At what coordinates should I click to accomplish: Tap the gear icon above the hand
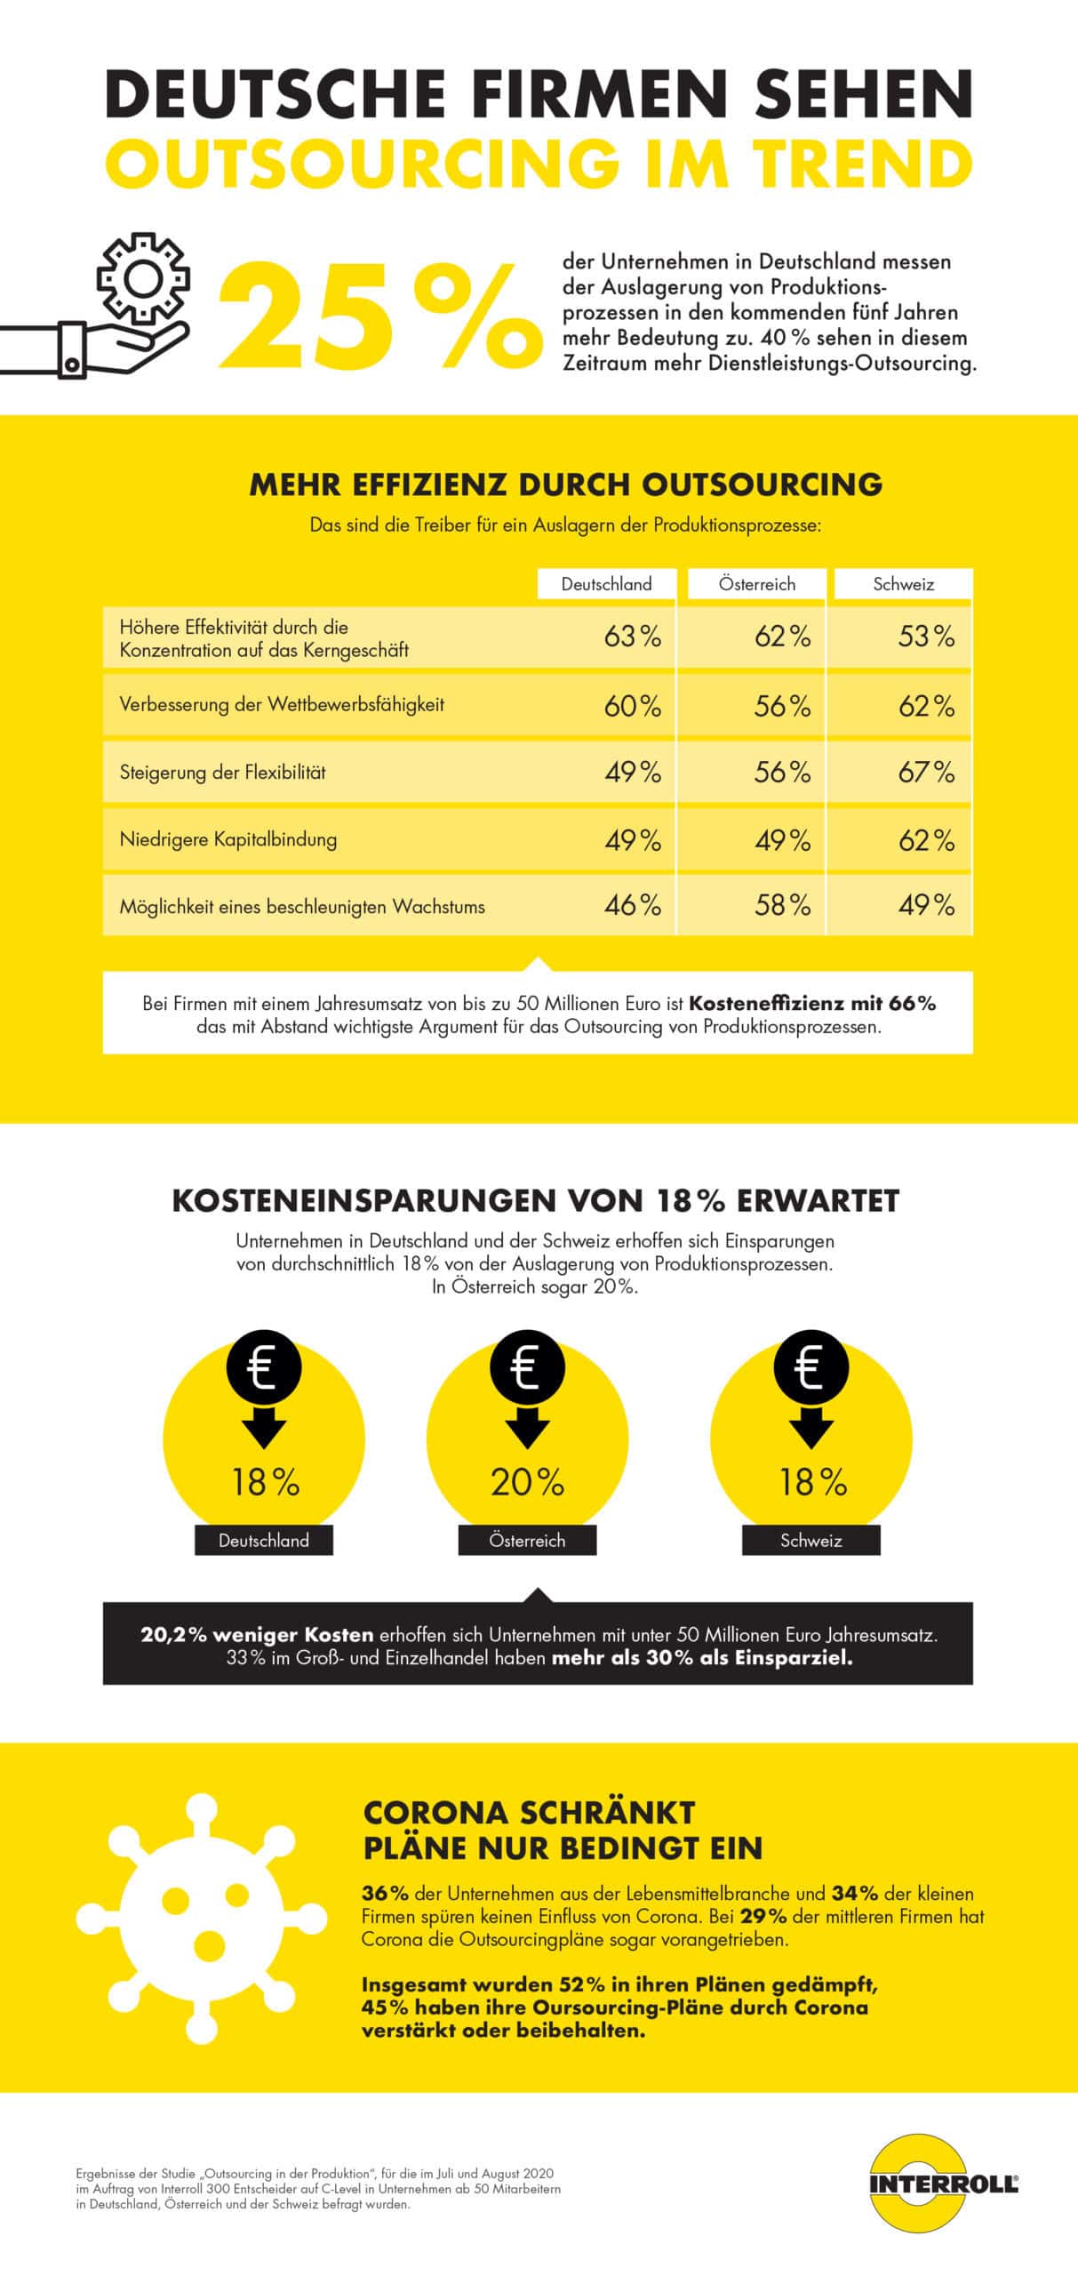[x=142, y=279]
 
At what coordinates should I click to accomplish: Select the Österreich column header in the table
[x=757, y=584]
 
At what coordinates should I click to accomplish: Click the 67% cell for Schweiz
[x=926, y=772]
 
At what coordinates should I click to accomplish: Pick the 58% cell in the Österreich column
[x=782, y=905]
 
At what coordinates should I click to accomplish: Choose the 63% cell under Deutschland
[x=633, y=637]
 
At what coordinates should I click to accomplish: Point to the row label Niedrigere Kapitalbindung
[x=228, y=839]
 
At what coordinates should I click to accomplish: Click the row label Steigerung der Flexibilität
[x=222, y=772]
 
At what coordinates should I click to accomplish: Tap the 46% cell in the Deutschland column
[x=633, y=905]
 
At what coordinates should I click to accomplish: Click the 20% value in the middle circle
[x=527, y=1482]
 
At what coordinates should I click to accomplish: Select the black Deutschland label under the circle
[x=264, y=1541]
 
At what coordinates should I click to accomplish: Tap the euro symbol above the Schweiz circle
[x=810, y=1368]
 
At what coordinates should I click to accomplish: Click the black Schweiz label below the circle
[x=810, y=1541]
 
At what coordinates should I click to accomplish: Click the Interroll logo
[x=943, y=2184]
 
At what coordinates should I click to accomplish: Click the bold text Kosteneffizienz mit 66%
[x=812, y=1004]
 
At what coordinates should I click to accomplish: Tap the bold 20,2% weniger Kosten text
[x=258, y=1635]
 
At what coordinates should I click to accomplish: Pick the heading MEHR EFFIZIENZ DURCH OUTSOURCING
[x=565, y=485]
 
